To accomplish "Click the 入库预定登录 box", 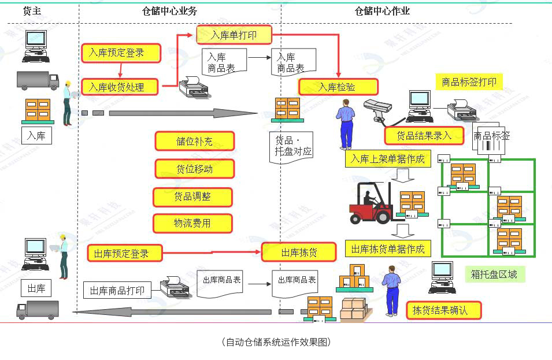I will [x=116, y=53].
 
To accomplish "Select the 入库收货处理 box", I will [x=116, y=87].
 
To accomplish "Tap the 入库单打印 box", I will [x=234, y=35].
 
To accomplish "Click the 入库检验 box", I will [x=338, y=87].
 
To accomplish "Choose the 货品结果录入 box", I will [x=424, y=136].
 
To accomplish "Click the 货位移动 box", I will [x=195, y=169].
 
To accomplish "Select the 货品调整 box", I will [x=192, y=197].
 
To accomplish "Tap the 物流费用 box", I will [x=192, y=224].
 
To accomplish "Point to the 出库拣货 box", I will [x=299, y=253].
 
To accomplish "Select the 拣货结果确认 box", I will [x=443, y=310].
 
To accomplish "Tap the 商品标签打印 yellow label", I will [x=469, y=82].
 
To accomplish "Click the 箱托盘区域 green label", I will [x=494, y=274].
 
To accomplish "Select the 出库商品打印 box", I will [x=117, y=290].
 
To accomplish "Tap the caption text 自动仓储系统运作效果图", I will [x=276, y=342].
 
